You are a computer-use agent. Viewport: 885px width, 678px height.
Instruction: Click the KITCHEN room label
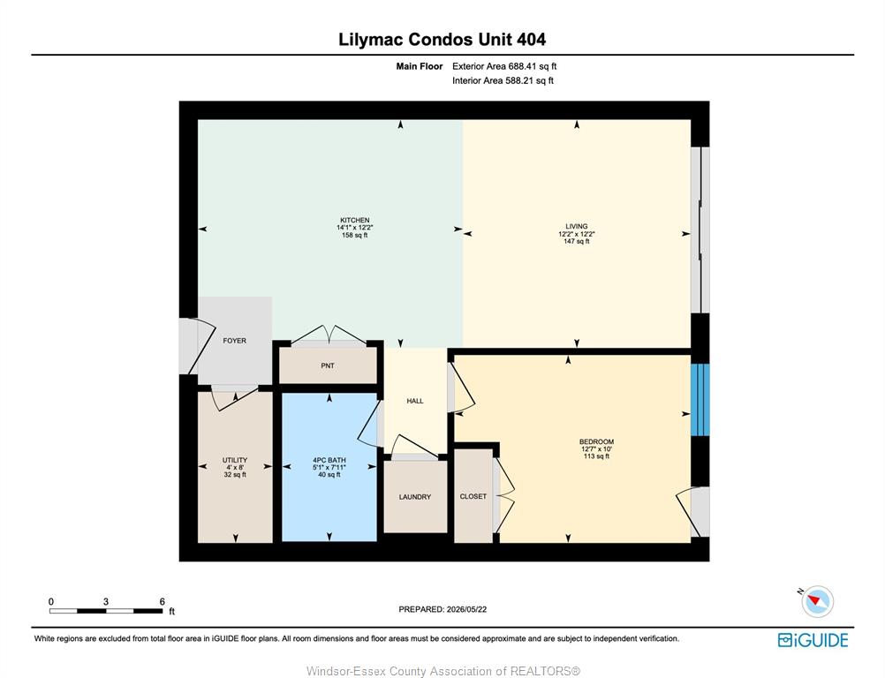coord(354,220)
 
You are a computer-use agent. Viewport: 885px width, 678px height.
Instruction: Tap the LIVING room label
coord(576,226)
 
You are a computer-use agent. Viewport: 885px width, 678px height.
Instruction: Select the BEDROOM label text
coord(596,441)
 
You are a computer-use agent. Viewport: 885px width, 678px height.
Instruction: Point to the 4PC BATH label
coord(329,460)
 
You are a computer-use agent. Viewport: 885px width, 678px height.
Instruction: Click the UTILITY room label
coord(235,460)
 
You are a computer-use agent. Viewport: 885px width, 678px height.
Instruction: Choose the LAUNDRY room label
coord(415,497)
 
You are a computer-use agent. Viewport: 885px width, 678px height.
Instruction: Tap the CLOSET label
coord(473,496)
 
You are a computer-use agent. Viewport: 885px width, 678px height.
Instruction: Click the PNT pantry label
coord(328,365)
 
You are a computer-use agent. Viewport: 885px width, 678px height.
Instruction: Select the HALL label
coord(415,401)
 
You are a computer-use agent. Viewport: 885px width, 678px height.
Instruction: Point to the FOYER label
coord(234,341)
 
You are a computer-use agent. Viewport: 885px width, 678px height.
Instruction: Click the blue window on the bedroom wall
coord(700,400)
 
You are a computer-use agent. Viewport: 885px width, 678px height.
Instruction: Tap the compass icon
coord(817,601)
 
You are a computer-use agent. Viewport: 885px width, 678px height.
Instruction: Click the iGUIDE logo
coord(813,640)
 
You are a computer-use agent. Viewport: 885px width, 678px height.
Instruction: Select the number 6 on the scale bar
coord(162,601)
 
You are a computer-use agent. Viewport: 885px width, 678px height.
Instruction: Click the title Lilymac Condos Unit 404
coord(442,40)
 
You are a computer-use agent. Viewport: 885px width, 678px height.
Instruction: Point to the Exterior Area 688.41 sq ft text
coord(504,66)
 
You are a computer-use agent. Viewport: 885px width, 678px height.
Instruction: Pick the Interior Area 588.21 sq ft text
coord(503,80)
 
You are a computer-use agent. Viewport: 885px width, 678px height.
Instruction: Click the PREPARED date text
coord(442,609)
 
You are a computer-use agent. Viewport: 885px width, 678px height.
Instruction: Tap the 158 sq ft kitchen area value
coord(354,235)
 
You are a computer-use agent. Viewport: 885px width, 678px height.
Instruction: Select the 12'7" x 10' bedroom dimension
coord(596,449)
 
